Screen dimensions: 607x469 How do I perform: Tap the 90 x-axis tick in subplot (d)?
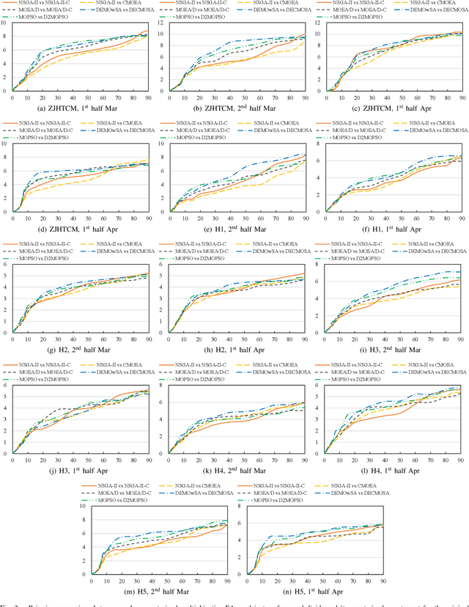[x=148, y=217]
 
